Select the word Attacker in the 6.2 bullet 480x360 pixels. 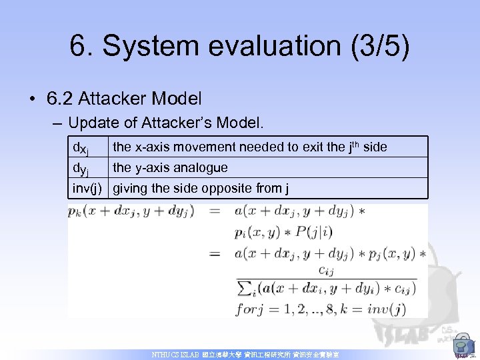[111, 99]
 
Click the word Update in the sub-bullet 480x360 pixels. [91, 123]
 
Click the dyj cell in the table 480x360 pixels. [81, 168]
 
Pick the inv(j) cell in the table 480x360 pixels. [87, 189]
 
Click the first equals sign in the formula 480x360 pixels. [215, 212]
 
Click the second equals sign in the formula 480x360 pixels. [215, 254]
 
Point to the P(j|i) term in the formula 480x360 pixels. [316, 233]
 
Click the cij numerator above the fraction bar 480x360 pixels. [326, 271]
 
